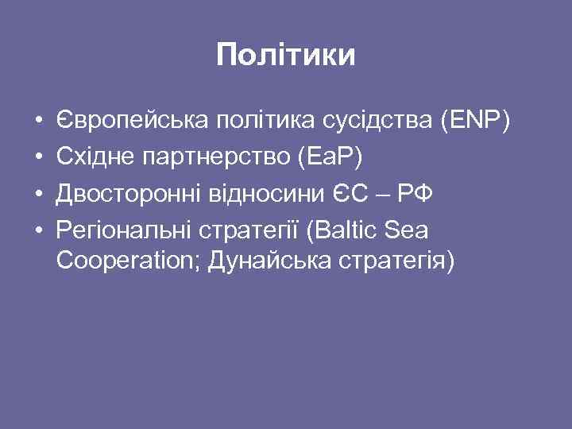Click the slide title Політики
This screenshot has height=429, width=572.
click(x=286, y=56)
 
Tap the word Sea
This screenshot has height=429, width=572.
click(x=406, y=230)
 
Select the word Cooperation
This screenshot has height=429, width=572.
click(x=127, y=262)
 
